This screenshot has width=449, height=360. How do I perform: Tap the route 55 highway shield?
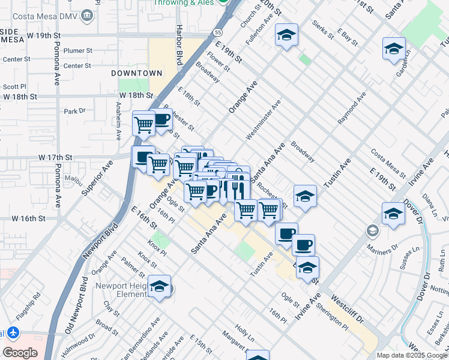point(217,32)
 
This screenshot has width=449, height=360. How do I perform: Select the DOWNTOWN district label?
point(137,73)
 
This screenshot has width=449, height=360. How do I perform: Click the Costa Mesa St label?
point(389,163)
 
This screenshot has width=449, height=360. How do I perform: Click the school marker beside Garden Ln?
point(394,49)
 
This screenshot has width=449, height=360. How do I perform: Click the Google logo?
point(20,353)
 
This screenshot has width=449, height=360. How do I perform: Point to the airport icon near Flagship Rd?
point(14,332)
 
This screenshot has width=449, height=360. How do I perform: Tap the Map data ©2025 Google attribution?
point(411,355)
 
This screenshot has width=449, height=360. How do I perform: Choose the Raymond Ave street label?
point(352,109)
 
